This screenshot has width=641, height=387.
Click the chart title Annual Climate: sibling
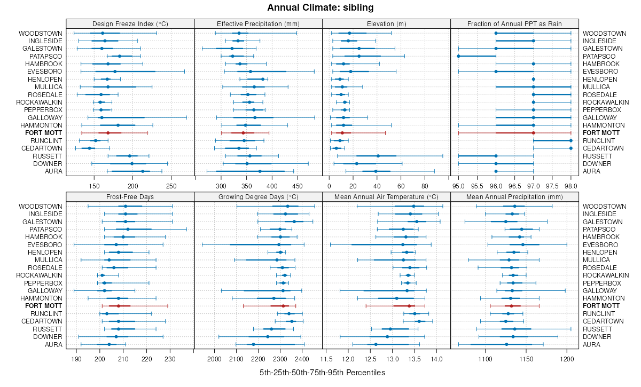point(320,7)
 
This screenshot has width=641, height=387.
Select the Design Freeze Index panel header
point(130,23)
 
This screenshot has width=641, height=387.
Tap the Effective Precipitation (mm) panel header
point(259,23)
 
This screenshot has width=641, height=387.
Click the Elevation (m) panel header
point(387,23)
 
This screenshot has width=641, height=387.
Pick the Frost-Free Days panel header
point(130,196)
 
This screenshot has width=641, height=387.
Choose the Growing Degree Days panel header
point(259,196)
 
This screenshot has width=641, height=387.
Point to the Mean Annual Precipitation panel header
point(515,196)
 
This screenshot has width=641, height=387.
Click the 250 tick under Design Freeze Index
point(171,186)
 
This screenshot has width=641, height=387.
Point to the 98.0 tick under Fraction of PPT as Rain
point(570,186)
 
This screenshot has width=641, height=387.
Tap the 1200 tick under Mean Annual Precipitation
point(566,359)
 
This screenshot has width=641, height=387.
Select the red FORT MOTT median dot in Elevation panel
point(342,133)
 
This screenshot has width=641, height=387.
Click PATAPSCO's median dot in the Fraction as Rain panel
point(459,56)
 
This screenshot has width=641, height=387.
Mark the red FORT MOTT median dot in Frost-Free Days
point(119,306)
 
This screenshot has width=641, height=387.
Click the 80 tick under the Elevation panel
point(425,186)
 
